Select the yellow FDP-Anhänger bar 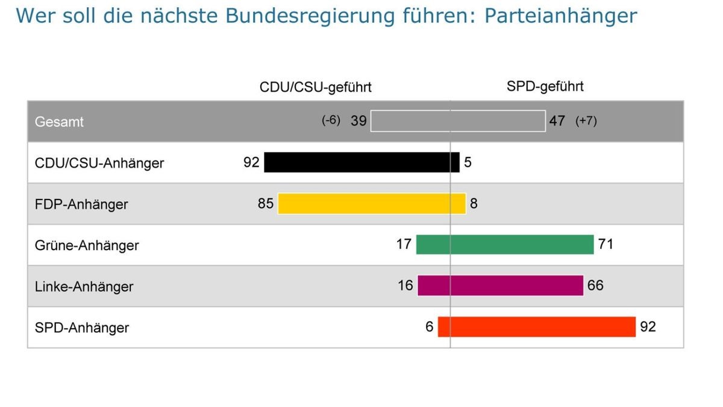(x=372, y=204)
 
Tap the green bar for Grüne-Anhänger (x=505, y=245)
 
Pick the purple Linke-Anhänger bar (x=501, y=285)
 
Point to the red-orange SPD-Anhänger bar (x=537, y=327)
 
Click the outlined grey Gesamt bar (x=458, y=121)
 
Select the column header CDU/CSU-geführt (x=316, y=87)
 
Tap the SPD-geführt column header (x=545, y=87)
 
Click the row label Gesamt (x=59, y=122)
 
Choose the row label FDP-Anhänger (x=81, y=204)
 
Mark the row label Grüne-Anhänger (x=87, y=245)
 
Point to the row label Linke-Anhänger (x=84, y=286)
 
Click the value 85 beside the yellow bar (x=266, y=204)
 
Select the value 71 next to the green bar (x=606, y=244)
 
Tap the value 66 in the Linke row (x=595, y=285)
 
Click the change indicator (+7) (x=586, y=121)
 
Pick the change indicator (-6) (x=331, y=121)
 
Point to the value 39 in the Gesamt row (x=358, y=121)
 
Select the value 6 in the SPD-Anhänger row (x=429, y=327)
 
